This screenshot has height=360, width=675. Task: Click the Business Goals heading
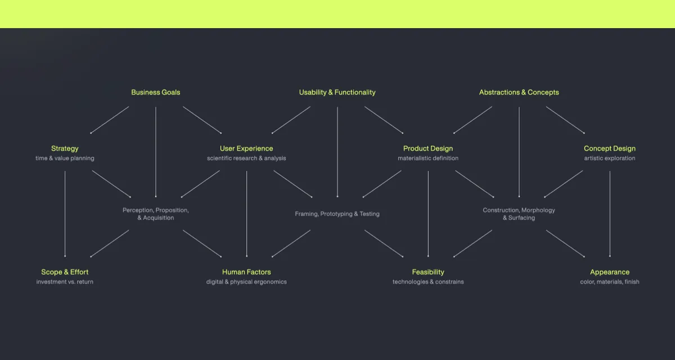click(x=156, y=92)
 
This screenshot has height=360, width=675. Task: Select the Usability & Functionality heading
click(x=337, y=92)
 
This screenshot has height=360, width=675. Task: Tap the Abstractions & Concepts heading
click(x=519, y=92)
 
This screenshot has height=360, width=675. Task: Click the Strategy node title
click(x=65, y=148)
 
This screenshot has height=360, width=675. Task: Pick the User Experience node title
click(x=246, y=148)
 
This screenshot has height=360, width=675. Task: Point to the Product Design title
click(x=428, y=148)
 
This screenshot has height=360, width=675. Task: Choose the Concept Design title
click(x=610, y=148)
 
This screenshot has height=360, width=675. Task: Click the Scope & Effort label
click(x=65, y=272)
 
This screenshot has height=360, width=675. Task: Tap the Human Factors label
click(x=246, y=272)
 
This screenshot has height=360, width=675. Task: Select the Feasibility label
click(x=428, y=272)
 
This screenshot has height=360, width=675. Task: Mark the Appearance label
click(x=610, y=272)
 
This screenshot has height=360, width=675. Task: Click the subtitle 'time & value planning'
click(x=65, y=159)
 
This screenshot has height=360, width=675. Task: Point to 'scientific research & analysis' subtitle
click(x=246, y=159)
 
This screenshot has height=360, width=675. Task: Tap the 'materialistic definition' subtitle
click(x=428, y=159)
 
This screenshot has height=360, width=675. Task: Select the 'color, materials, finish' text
click(x=610, y=282)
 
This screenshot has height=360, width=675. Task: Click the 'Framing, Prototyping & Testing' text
click(x=337, y=214)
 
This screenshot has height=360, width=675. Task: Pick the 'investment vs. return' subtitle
click(x=65, y=282)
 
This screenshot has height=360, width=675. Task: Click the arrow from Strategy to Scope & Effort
click(x=65, y=214)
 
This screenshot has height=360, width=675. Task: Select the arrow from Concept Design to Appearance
click(x=610, y=214)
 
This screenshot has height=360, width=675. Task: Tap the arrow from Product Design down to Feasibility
click(x=428, y=214)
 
